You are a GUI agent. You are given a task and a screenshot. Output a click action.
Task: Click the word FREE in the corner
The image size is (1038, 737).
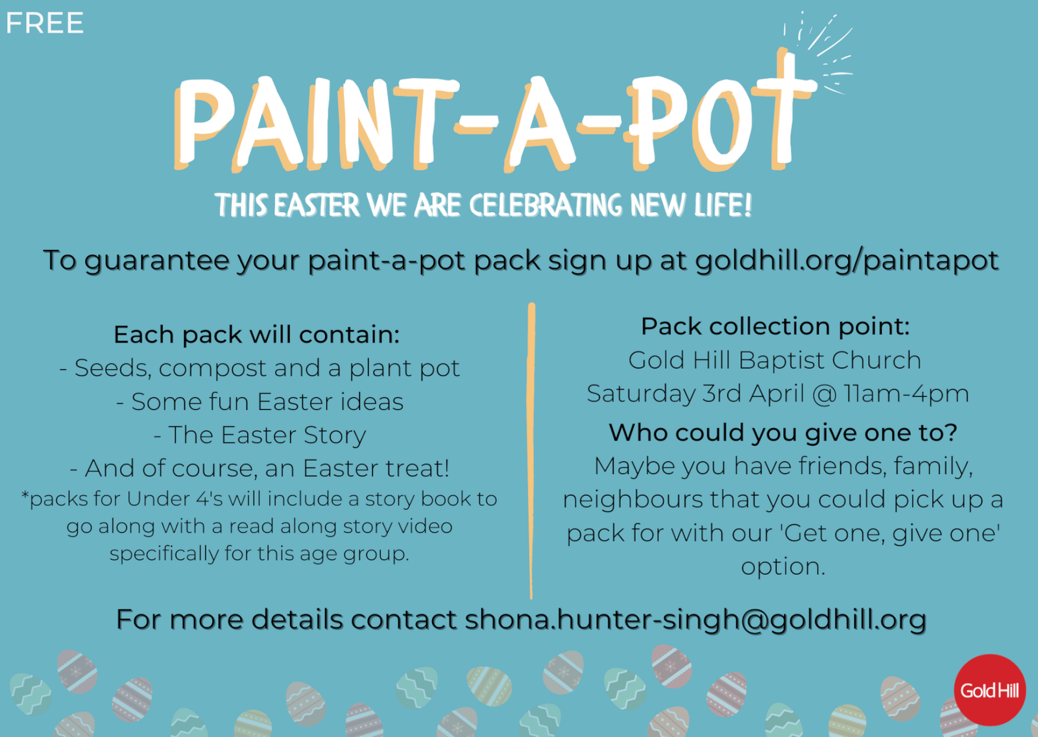45,23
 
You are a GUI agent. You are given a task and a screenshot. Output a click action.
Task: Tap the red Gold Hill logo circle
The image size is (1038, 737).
989,690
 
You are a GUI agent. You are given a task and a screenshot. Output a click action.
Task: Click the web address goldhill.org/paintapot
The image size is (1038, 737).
847,261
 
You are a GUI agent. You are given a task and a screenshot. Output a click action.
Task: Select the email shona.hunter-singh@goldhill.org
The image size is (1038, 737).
695,620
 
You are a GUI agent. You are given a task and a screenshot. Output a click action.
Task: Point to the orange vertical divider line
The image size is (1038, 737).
531,450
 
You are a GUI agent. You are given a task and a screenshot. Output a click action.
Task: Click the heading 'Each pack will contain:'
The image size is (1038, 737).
257,334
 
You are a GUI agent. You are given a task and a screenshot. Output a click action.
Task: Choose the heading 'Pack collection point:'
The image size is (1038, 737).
775,326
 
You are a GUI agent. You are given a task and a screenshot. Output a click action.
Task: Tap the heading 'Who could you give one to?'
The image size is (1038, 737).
782,433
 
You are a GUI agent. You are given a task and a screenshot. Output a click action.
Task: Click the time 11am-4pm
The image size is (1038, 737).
906,394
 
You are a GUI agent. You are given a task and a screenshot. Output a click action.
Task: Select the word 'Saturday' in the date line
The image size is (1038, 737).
641,394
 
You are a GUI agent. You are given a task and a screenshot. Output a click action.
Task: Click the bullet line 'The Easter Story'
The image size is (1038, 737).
259,435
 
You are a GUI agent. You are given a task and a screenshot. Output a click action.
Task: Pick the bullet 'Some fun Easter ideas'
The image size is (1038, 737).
259,402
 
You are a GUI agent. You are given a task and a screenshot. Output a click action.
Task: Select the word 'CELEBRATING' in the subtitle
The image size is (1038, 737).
546,206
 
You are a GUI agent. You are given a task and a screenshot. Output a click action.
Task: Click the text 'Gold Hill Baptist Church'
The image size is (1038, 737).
775,360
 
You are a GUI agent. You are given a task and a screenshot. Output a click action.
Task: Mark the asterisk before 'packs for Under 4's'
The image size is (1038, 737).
25,496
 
